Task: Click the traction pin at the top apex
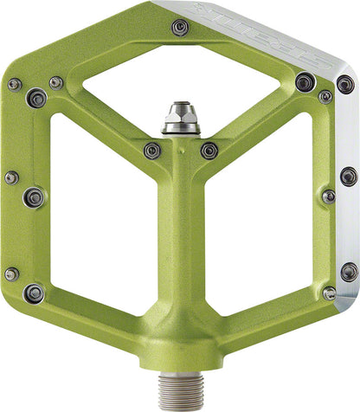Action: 180,28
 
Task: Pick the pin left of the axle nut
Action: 151,150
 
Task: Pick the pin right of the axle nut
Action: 209,151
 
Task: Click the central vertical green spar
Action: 179,251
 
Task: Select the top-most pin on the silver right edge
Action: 344,84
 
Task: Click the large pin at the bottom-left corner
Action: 35,293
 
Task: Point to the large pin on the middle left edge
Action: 35,196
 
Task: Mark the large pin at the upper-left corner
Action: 36,98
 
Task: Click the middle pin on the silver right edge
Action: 348,177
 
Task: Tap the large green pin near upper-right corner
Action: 304,82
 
